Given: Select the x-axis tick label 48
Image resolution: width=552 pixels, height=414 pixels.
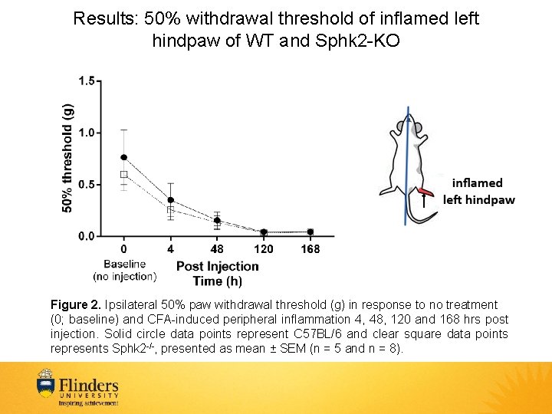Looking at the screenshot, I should pos(217,249).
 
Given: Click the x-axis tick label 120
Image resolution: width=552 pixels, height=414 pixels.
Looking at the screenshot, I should pos(264,249).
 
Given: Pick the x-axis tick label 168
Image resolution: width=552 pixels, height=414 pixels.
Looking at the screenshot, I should pos(310,249).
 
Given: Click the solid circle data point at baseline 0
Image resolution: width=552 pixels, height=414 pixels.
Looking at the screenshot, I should pos(124,157).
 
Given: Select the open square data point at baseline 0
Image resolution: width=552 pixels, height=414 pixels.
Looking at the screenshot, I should pos(124,175).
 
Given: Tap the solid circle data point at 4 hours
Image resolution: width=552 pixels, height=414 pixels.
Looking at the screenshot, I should pos(170,200).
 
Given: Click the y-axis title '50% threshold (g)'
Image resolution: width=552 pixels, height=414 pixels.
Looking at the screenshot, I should pos(67,158).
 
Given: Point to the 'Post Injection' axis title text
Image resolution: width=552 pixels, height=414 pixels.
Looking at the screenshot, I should pos(218,267).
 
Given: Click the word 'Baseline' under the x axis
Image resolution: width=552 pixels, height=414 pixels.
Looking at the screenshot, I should pos(124,263).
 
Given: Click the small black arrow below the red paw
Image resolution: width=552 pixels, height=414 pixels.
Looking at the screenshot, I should pos(424,202).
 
